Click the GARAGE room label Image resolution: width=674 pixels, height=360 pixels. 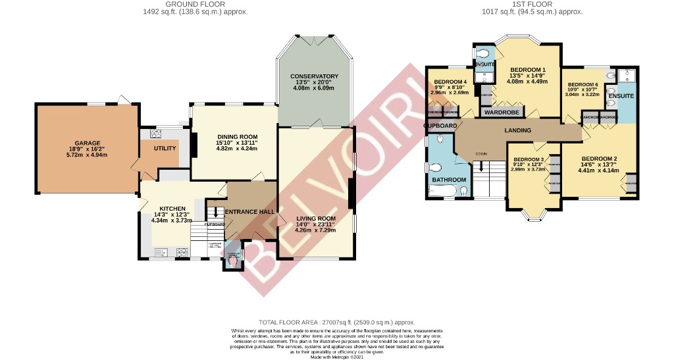pyautogui.click(x=87, y=143)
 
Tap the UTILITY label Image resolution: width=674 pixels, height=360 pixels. pyautogui.click(x=165, y=149)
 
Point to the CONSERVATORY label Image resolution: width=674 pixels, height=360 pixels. pyautogui.click(x=314, y=76)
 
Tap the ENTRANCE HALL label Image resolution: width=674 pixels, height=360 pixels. pyautogui.click(x=249, y=212)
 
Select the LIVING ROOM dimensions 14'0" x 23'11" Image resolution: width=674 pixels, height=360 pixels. pyautogui.click(x=316, y=224)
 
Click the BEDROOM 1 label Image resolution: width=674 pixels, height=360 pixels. pyautogui.click(x=528, y=70)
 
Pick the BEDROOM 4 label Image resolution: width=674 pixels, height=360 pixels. pyautogui.click(x=450, y=82)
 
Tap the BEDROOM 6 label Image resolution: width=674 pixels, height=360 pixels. pyautogui.click(x=583, y=85)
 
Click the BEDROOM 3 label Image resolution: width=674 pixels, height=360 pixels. pyautogui.click(x=529, y=160)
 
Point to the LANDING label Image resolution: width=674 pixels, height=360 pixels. pyautogui.click(x=517, y=130)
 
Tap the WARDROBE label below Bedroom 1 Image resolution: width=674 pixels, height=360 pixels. pyautogui.click(x=503, y=113)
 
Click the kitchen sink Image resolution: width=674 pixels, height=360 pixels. pyautogui.click(x=161, y=251)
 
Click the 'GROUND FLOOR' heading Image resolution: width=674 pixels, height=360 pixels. pyautogui.click(x=195, y=4)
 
